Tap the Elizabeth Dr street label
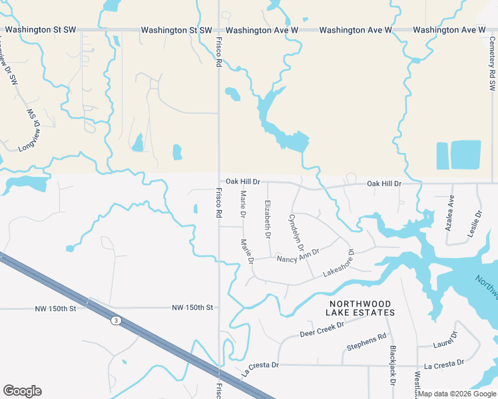pyautogui.click(x=268, y=219)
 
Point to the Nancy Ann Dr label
pyautogui.click(x=298, y=255)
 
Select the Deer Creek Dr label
pyautogui.click(x=322, y=329)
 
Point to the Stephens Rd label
pyautogui.click(x=367, y=342)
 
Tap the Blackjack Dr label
pyautogui.click(x=393, y=365)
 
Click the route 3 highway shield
pyautogui.click(x=117, y=321)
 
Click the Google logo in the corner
pyautogui.click(x=22, y=391)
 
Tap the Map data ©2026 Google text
pyautogui.click(x=457, y=394)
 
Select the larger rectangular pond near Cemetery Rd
pyautogui.click(x=466, y=155)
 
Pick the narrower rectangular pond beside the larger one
pyautogui.click(x=442, y=156)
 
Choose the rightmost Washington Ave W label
pyautogui.click(x=449, y=31)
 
